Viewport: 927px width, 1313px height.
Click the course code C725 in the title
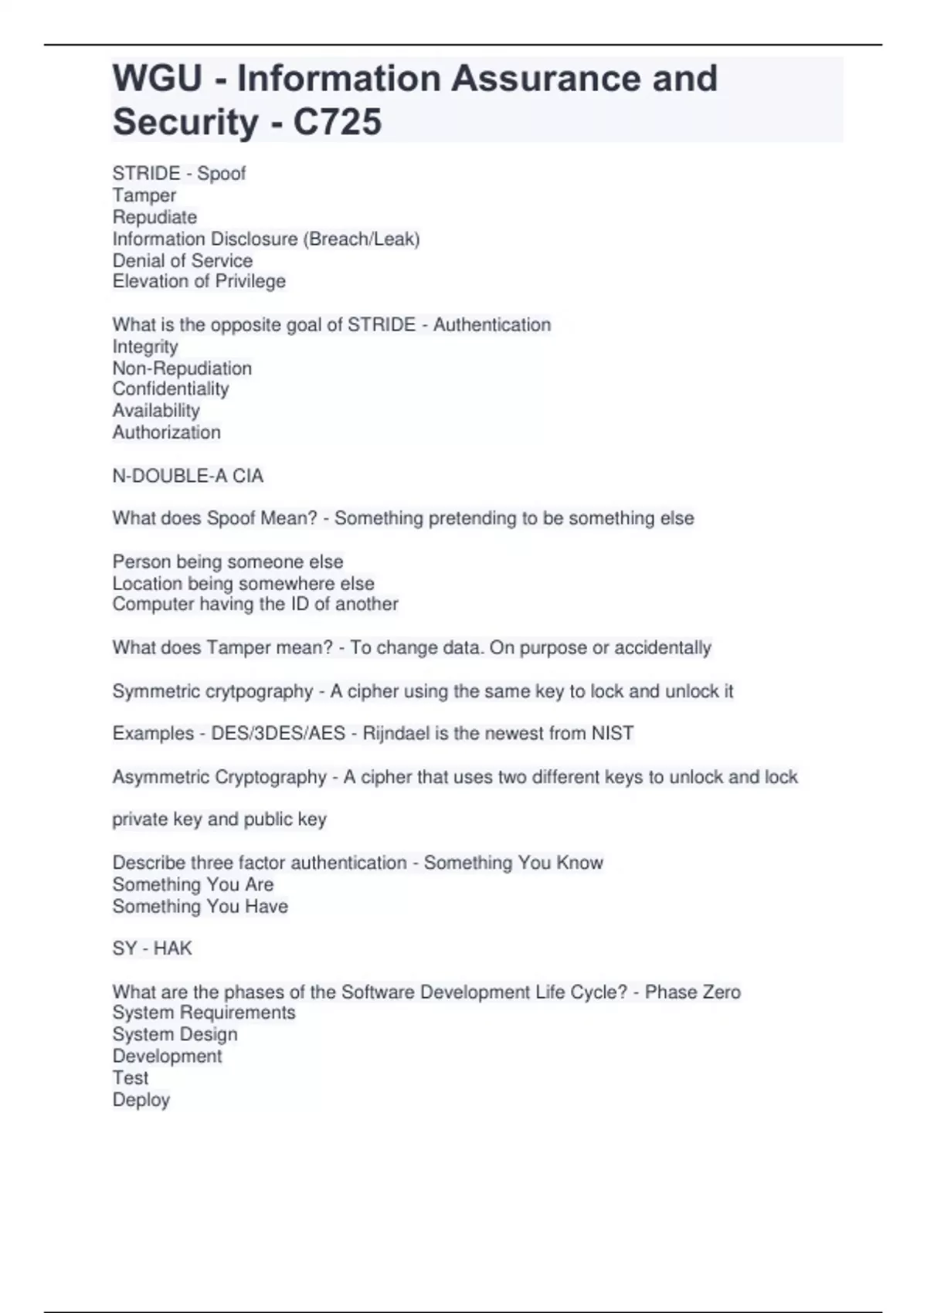[x=338, y=122]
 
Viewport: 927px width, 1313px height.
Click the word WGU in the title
[x=158, y=79]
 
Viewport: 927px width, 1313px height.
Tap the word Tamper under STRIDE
[x=144, y=195]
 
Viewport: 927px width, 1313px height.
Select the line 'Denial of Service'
[x=182, y=260]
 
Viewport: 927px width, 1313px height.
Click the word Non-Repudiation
[x=182, y=368]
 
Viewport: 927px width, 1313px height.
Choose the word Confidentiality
[x=171, y=388]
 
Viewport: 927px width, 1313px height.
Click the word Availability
[x=156, y=410]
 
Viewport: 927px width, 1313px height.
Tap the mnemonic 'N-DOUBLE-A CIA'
[x=188, y=476]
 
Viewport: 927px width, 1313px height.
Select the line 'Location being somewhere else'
[x=243, y=583]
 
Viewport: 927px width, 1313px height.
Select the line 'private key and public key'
[x=219, y=819]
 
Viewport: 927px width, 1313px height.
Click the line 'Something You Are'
[x=193, y=884]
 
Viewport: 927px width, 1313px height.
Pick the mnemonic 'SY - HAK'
[x=152, y=948]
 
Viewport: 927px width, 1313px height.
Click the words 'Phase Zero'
[x=692, y=992]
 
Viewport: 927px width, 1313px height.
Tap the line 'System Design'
[x=175, y=1034]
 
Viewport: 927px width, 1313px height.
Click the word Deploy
[x=141, y=1099]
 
